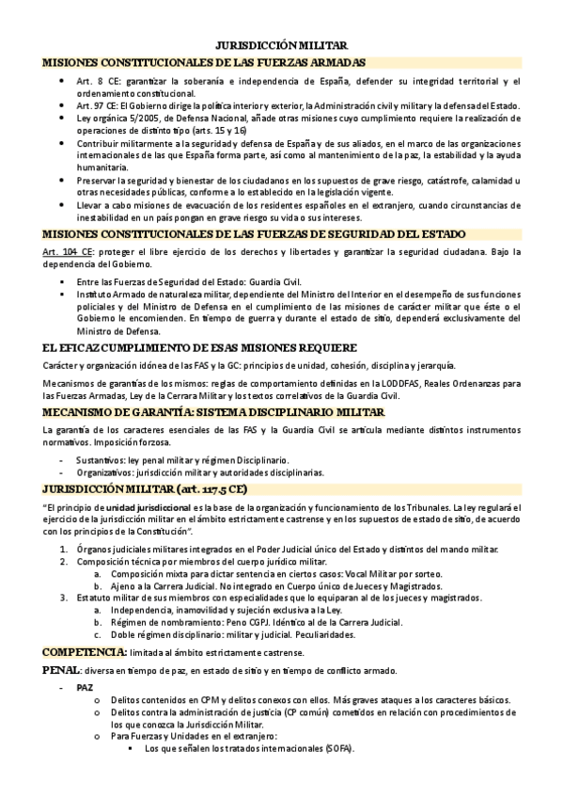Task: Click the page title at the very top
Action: point(281,44)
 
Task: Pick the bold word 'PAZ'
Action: point(85,688)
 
